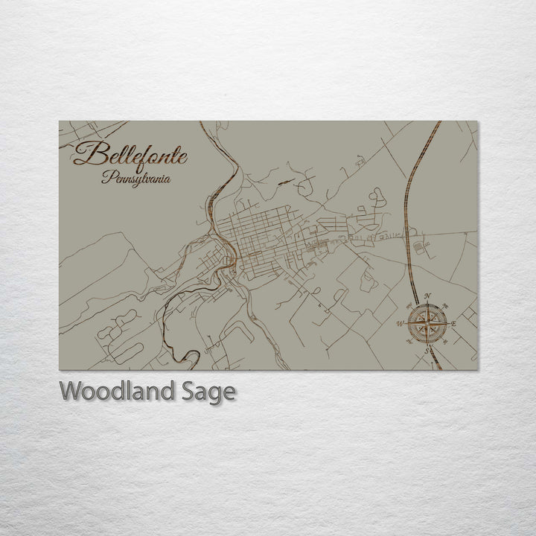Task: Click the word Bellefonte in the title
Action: point(131,156)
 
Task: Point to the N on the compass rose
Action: point(427,296)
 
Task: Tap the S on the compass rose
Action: point(427,350)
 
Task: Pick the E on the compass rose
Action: point(453,323)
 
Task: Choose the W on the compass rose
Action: point(400,323)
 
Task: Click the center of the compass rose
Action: point(427,323)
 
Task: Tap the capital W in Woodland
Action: point(71,391)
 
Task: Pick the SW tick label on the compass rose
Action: point(409,342)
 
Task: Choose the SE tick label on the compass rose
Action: point(444,342)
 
